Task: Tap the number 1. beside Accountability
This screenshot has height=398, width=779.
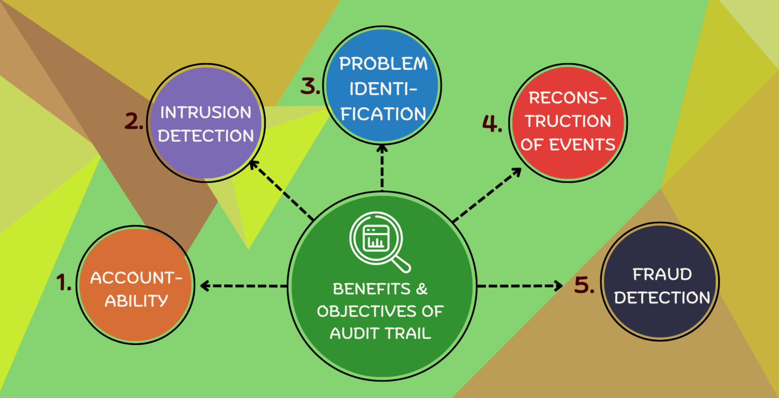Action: tap(64, 282)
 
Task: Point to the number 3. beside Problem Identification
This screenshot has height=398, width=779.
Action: tap(310, 86)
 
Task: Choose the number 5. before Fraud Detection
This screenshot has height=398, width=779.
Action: tap(584, 285)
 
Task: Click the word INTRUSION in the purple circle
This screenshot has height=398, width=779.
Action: tap(205, 112)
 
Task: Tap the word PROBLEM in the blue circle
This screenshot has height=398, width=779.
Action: tap(383, 64)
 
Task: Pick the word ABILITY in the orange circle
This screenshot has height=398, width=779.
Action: tap(136, 301)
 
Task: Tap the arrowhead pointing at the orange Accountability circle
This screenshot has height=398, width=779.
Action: tap(204, 286)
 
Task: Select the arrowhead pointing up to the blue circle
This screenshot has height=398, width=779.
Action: tap(382, 149)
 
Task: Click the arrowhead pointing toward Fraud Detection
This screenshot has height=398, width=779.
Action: tap(558, 286)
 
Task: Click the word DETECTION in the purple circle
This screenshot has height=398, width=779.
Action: tap(205, 136)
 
